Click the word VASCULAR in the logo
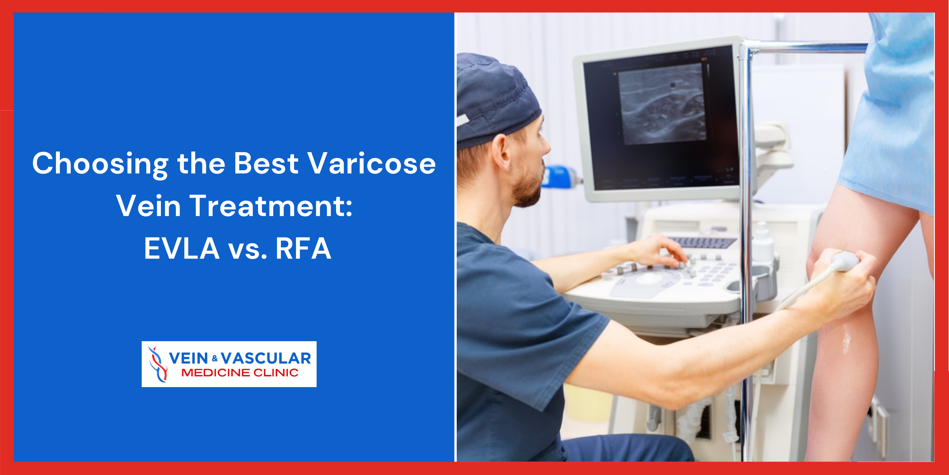266,358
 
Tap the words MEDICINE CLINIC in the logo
240,373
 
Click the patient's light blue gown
891,111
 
